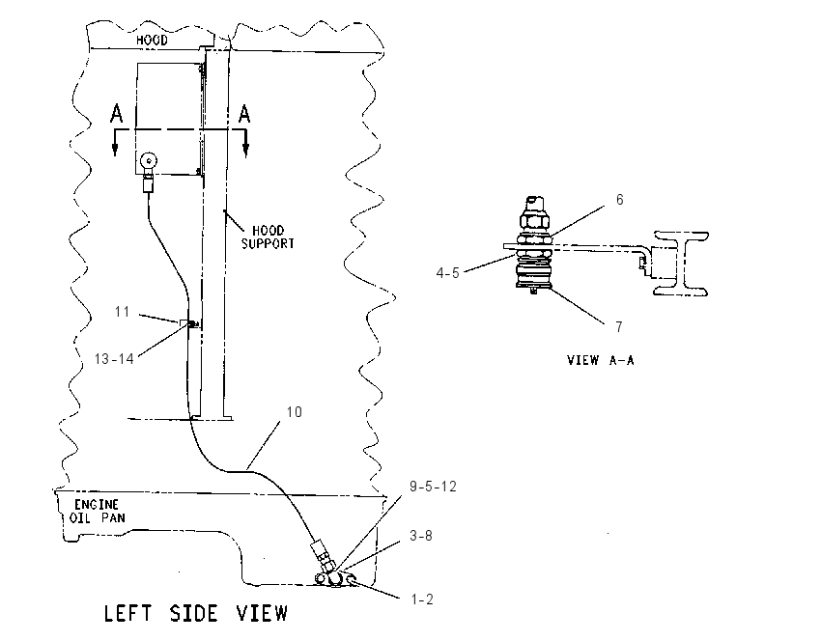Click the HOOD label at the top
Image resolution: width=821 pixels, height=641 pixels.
152,40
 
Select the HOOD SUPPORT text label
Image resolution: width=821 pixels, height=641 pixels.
268,237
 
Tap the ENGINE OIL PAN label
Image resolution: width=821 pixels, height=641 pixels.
98,512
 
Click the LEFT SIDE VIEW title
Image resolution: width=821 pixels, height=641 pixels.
196,613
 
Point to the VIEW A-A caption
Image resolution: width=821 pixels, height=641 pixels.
601,360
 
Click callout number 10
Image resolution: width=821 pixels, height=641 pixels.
295,412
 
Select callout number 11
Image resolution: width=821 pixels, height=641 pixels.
122,312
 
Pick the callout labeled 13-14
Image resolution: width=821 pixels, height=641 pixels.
114,359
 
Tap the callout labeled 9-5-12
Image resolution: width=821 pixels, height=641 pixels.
433,487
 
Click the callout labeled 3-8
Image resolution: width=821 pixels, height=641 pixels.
421,536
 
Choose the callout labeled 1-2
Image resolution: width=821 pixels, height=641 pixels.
422,599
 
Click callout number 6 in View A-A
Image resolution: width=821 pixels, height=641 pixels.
620,200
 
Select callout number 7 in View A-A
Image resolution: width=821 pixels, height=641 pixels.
619,327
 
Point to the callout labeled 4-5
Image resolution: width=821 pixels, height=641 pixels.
447,273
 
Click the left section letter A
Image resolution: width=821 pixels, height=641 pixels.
116,114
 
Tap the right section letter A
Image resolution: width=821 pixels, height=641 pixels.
244,114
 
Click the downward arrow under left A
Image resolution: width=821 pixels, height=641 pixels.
115,143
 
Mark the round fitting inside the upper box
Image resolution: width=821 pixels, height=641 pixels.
149,160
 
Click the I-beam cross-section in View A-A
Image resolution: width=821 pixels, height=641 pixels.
681,264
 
